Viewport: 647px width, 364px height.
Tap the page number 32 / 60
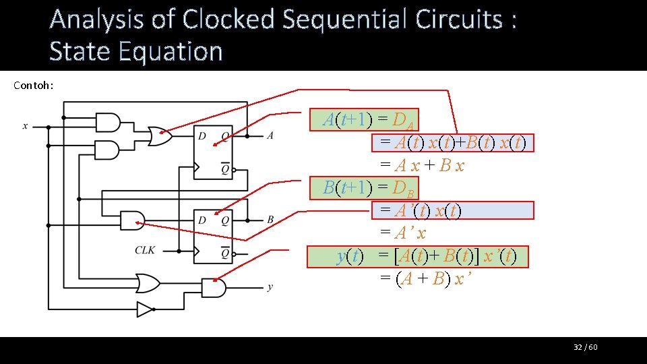click(586, 347)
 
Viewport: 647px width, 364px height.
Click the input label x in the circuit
click(25, 126)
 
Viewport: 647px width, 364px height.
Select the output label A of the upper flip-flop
click(270, 135)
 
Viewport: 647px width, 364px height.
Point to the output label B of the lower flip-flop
click(270, 220)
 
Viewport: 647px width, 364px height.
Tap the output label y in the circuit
click(270, 287)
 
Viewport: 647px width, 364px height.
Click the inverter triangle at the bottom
click(144, 309)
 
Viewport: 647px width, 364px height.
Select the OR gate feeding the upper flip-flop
click(160, 136)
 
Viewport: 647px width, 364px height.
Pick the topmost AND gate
click(109, 123)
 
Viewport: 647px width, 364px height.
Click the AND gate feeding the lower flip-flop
click(132, 220)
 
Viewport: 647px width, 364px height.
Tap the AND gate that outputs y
click(214, 288)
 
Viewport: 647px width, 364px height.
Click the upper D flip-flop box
click(212, 152)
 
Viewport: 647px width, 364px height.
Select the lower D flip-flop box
click(212, 236)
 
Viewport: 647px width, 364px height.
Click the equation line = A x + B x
click(422, 166)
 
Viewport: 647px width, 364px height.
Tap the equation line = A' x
click(403, 233)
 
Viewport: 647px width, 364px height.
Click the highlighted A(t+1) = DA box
click(369, 120)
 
